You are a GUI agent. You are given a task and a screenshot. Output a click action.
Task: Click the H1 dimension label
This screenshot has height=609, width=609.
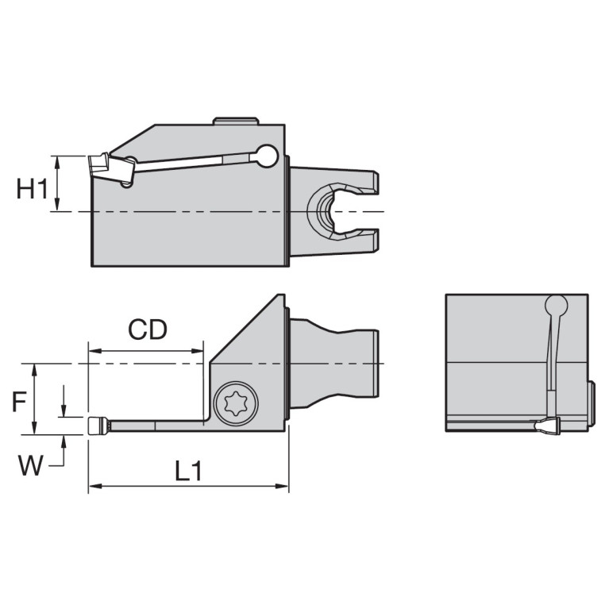(31, 189)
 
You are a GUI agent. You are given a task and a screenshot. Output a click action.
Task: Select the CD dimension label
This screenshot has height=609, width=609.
(148, 330)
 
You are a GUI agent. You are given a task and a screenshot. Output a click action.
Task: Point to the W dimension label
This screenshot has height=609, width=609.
(30, 465)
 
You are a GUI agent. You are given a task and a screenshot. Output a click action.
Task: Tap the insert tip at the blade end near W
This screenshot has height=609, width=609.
(97, 426)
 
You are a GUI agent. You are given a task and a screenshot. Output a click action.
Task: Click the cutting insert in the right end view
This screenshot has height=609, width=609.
(548, 427)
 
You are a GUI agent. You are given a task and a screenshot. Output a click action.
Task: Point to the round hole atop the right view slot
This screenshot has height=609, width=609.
(557, 306)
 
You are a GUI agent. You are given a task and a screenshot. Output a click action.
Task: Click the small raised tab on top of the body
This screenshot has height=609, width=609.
(235, 121)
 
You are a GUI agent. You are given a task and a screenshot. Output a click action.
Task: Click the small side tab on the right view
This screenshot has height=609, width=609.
(591, 403)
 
